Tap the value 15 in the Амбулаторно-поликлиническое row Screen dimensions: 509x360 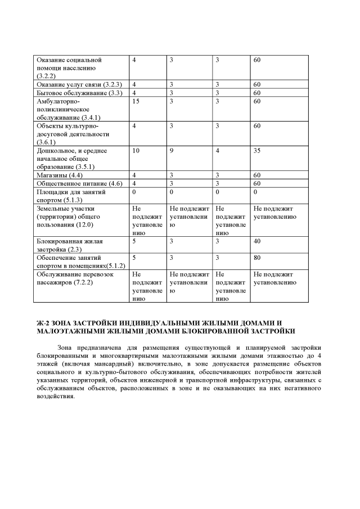(136, 101)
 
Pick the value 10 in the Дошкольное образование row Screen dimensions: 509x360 (136, 151)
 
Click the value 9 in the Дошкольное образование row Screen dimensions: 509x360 (171, 151)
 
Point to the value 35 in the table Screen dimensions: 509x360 (257, 151)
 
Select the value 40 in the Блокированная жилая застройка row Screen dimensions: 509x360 (257, 241)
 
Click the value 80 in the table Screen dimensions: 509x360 (257, 258)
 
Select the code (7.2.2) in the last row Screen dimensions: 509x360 (82, 283)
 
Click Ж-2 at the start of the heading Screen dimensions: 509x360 (42, 323)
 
